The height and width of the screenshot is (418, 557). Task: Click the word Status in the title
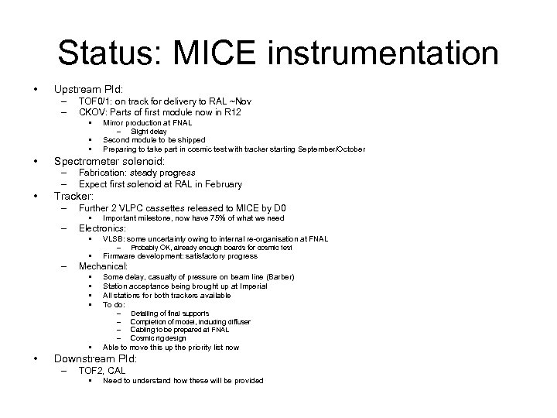[x=108, y=53]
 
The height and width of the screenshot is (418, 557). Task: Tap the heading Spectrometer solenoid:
[x=109, y=160]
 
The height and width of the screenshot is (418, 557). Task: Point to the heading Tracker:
[x=73, y=197]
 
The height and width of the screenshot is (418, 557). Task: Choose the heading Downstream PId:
[x=95, y=359]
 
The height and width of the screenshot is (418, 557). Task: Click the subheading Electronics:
[x=102, y=228]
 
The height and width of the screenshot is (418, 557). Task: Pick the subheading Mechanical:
[x=104, y=266]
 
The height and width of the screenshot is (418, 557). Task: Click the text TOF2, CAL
[x=103, y=371]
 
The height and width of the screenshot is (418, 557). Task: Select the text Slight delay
[x=149, y=132]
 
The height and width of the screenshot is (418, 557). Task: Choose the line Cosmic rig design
[x=159, y=338]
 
